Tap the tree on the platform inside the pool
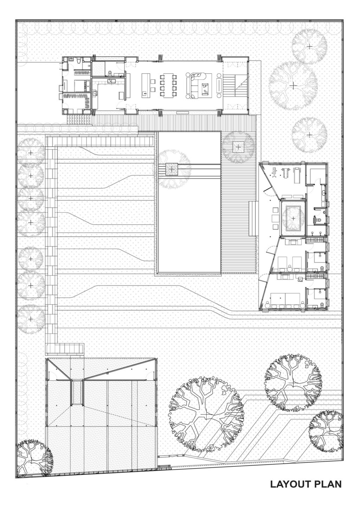click(x=171, y=169)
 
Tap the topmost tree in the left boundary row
click(x=31, y=153)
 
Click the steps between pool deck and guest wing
click(x=253, y=218)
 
